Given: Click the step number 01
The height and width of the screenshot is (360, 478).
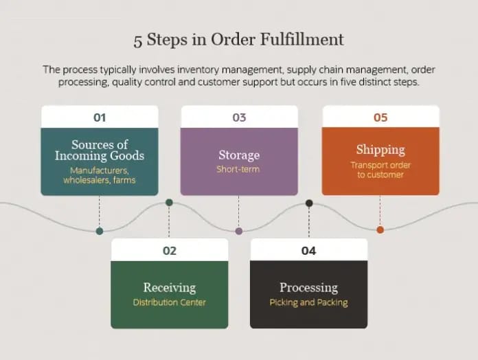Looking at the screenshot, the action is tap(100, 117).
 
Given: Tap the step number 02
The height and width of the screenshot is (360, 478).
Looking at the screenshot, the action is tap(170, 251).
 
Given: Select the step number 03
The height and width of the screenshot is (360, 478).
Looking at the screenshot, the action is tap(239, 117).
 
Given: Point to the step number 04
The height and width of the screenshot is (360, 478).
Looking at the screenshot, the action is tap(308, 251).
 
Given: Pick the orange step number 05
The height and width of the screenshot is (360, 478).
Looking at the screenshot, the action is tap(380, 117).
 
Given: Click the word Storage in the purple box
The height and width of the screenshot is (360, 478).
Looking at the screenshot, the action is tap(239, 155).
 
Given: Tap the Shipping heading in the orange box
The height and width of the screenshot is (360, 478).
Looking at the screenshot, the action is tap(380, 150).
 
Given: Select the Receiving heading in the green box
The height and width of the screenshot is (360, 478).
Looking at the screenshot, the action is tap(170, 288).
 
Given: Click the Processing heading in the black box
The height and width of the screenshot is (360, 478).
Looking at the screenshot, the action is tap(309, 288).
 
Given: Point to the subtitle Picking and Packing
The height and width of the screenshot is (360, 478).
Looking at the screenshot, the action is tap(308, 303).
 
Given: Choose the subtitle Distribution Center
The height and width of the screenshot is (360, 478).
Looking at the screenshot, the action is tap(169, 302).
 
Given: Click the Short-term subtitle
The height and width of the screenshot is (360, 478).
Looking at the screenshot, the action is tap(238, 169).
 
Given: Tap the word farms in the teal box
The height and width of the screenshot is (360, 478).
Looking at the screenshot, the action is tap(124, 180).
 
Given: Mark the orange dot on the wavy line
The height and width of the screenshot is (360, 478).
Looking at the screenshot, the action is tap(380, 230).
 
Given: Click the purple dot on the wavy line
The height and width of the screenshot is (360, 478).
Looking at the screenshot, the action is tap(239, 231).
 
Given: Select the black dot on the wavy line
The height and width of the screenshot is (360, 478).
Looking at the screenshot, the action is tap(309, 203).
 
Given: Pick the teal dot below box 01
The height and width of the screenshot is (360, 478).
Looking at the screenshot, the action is tap(100, 231).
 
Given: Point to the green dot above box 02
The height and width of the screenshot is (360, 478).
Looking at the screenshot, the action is tap(169, 203).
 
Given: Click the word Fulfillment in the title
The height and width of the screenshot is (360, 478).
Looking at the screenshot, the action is tap(301, 40).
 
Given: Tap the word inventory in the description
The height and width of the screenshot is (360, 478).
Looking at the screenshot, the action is tap(198, 70).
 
